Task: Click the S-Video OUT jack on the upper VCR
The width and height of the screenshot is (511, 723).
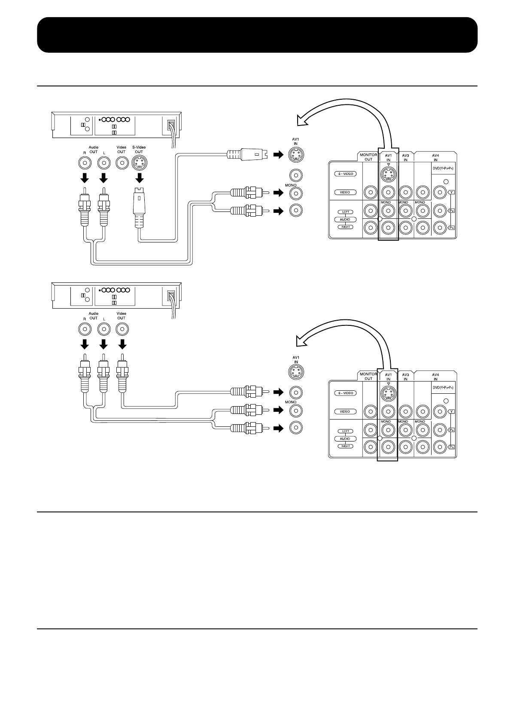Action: pyautogui.click(x=139, y=163)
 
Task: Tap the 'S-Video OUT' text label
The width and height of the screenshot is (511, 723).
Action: pyautogui.click(x=139, y=149)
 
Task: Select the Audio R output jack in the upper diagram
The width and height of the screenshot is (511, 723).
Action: pyautogui.click(x=85, y=163)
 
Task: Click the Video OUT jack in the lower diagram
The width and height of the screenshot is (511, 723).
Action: pyautogui.click(x=122, y=329)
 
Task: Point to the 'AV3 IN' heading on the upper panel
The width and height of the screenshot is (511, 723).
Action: pyautogui.click(x=405, y=157)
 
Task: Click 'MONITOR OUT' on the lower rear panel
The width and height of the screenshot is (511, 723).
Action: pyautogui.click(x=368, y=376)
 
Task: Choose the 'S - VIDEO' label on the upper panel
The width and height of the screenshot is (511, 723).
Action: pyautogui.click(x=345, y=174)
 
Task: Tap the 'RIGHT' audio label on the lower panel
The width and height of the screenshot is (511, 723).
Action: pyautogui.click(x=345, y=446)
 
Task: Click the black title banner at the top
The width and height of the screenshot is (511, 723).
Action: pyautogui.click(x=257, y=35)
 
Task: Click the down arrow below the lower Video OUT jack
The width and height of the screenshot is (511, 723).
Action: pyautogui.click(x=122, y=344)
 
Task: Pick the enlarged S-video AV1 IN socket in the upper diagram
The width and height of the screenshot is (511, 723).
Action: pyautogui.click(x=296, y=154)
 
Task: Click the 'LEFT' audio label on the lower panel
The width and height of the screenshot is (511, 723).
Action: pyautogui.click(x=345, y=431)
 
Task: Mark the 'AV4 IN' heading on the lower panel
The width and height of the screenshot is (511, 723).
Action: pyautogui.click(x=435, y=377)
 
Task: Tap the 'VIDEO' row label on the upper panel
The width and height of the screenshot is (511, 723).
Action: pyautogui.click(x=345, y=192)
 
